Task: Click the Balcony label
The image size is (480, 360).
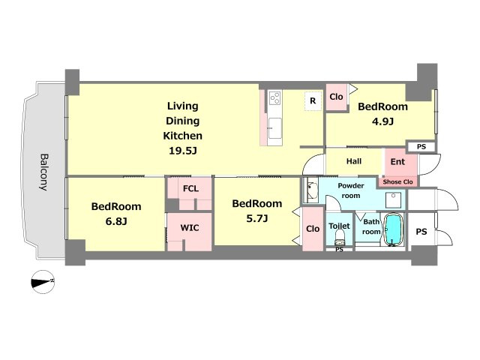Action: click(x=44, y=172)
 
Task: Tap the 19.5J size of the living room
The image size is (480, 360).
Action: click(x=182, y=151)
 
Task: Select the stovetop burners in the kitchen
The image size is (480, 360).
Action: click(x=274, y=98)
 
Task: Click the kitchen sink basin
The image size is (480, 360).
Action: click(x=275, y=128)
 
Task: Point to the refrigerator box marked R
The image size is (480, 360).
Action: click(x=313, y=100)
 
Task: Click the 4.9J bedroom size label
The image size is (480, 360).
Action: click(x=382, y=121)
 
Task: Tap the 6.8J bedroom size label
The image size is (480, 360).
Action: click(x=116, y=221)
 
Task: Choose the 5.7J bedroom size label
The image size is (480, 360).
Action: click(x=256, y=218)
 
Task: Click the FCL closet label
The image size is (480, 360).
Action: click(x=190, y=188)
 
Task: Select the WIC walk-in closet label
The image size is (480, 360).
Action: click(x=190, y=228)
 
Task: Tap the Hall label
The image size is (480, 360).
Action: click(x=354, y=161)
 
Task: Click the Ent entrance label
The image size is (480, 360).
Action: click(x=397, y=162)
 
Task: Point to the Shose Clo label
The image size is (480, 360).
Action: click(x=397, y=181)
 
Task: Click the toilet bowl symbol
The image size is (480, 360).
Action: click(x=340, y=237)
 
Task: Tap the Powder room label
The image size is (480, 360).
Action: click(x=351, y=190)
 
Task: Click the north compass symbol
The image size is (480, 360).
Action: click(x=43, y=282)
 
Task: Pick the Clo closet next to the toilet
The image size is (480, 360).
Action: click(x=313, y=229)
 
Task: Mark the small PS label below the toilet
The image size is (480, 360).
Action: click(x=339, y=250)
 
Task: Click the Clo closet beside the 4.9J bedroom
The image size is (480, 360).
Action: click(x=336, y=97)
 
